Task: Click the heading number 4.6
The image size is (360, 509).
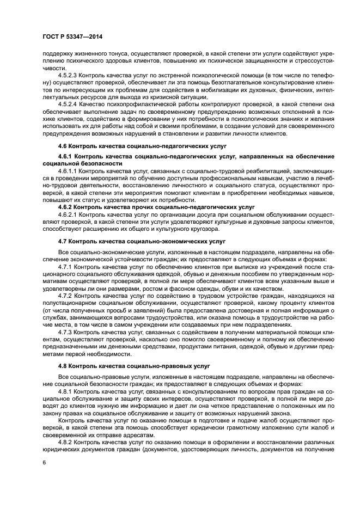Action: [63, 146]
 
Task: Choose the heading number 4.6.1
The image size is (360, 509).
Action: [66, 156]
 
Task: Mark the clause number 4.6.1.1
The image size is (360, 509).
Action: [68, 171]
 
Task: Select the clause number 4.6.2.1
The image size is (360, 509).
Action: [68, 215]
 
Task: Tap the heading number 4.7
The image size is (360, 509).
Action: [63, 240]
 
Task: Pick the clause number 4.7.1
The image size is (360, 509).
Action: [66, 267]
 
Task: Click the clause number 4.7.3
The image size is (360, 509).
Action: [66, 333]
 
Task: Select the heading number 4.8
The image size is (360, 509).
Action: [63, 366]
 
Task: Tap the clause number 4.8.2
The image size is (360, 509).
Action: [66, 442]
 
